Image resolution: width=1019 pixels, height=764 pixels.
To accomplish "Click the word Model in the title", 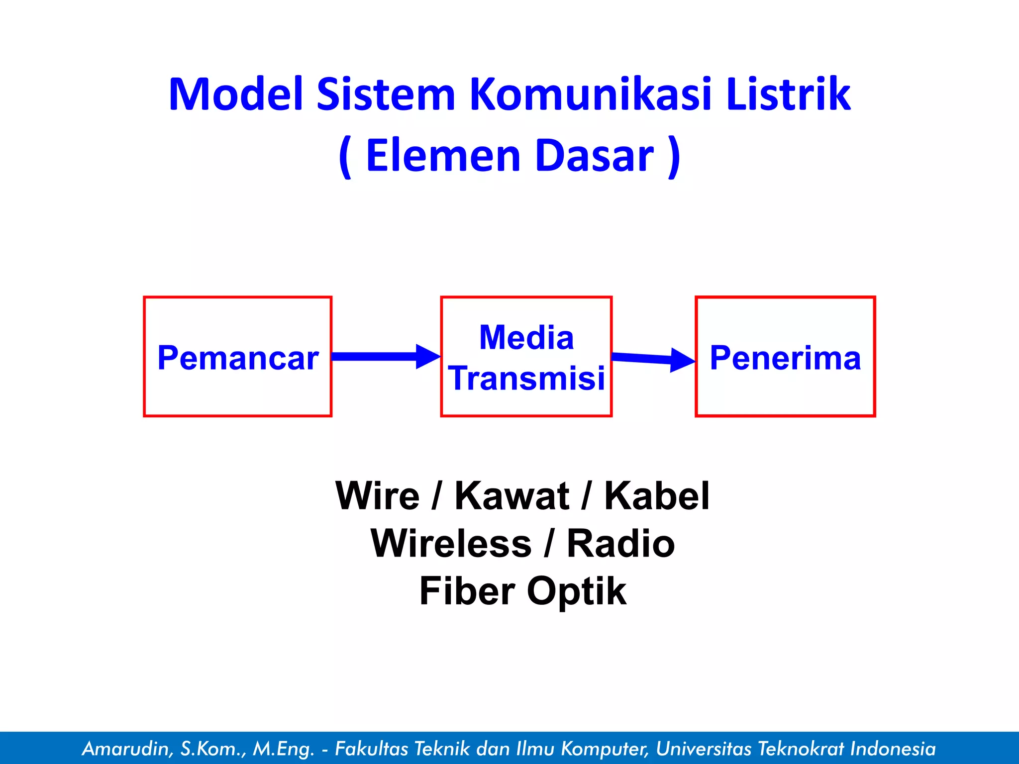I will point(236,94).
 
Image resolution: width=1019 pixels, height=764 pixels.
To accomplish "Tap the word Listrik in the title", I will point(788,94).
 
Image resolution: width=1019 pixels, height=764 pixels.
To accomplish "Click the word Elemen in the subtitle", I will point(443,155).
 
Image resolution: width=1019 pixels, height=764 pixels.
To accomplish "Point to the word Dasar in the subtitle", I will point(596,155).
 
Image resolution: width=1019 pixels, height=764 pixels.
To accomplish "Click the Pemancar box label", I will point(238,358).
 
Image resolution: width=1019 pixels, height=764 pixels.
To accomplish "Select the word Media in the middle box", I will point(526,338).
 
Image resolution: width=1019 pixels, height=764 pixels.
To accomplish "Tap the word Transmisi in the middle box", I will point(526,378).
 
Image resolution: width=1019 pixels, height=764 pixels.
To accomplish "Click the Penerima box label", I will point(785,358).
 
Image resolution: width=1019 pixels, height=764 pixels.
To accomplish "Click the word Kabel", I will point(657,496).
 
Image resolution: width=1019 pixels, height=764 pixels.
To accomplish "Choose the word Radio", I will point(620,544).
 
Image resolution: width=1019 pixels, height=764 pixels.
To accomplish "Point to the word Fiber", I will point(467,591).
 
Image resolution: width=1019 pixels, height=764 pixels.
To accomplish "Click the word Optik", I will point(577,591).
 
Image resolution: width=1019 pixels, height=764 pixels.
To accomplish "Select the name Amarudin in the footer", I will point(127,749).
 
